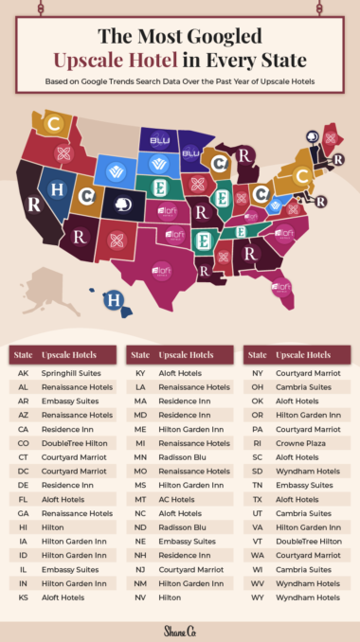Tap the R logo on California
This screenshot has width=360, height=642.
[x=35, y=204]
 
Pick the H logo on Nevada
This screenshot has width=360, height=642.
[x=58, y=189]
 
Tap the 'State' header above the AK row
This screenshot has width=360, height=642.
[x=24, y=354]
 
